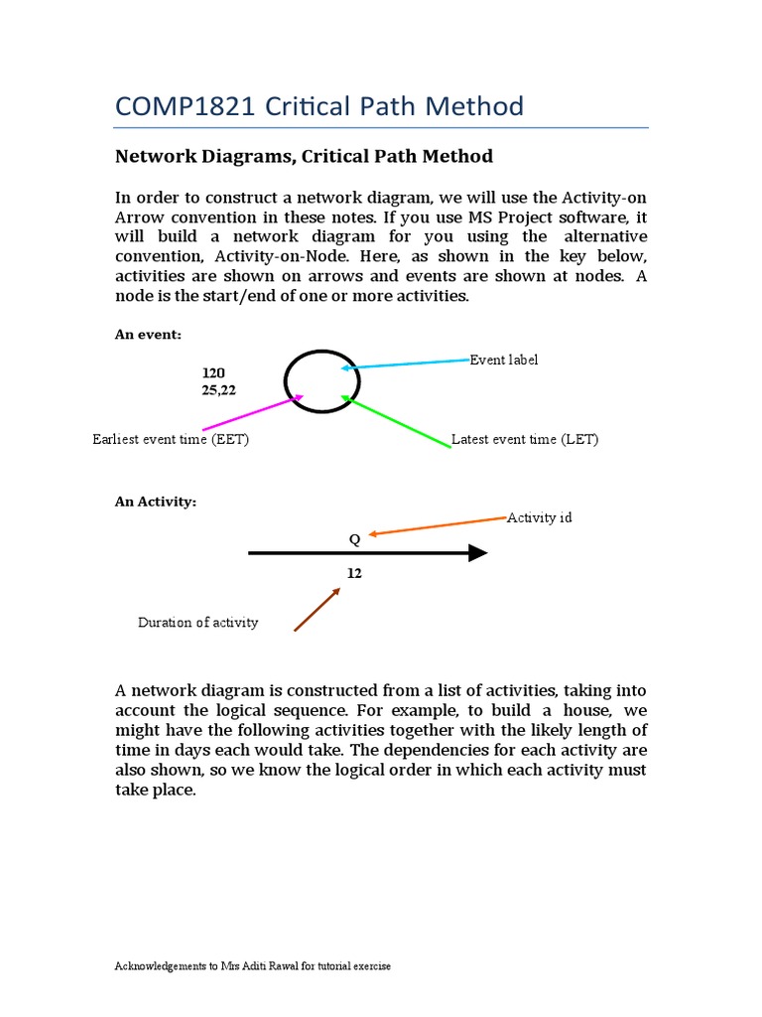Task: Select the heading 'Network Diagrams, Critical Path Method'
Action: pos(304,157)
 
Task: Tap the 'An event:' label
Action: pos(148,336)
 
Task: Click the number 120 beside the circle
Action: pos(213,372)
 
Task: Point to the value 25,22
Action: pos(219,390)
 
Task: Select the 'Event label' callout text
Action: pos(503,360)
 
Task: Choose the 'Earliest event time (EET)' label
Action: pos(171,439)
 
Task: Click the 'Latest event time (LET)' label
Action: pos(525,439)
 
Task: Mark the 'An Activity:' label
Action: pos(156,502)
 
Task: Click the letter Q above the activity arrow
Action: pos(354,538)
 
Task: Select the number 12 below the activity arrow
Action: pos(354,574)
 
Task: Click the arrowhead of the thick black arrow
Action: pos(477,553)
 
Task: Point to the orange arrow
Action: pos(437,526)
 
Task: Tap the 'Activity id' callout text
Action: pos(539,517)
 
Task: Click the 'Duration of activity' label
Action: pos(197,623)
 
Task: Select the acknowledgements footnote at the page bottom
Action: pos(253,966)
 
